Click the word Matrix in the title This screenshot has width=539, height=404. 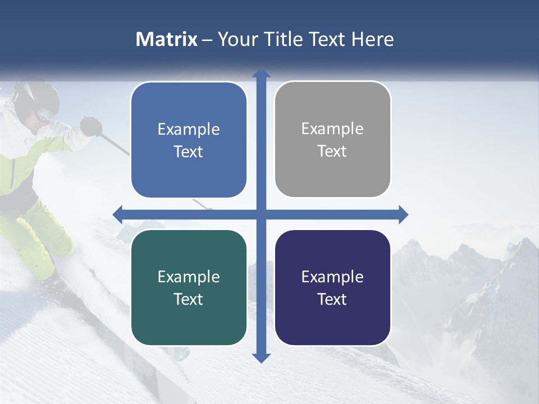coord(166,39)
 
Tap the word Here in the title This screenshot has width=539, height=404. coord(372,39)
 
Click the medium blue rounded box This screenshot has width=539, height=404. coord(189,140)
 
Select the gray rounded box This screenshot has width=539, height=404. coord(332,139)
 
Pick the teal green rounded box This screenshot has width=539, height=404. coord(189,287)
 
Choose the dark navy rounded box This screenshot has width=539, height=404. coord(332,287)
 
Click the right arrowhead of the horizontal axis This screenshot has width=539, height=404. coord(403,214)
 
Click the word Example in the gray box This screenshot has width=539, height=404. coord(332,128)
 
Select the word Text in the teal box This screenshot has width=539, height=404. coord(189,299)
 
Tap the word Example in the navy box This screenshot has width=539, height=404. coord(332,277)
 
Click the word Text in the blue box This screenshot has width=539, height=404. coord(189,151)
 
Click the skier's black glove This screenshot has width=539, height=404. coord(90,126)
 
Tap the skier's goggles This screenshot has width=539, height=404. coord(45,116)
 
